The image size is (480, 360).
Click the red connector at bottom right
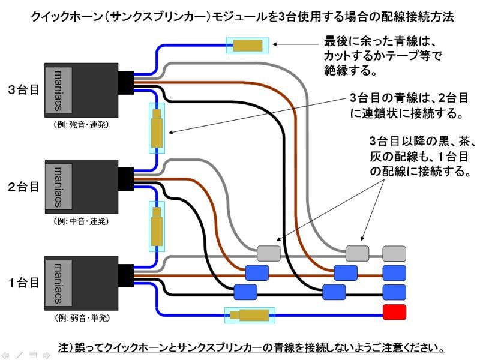[x=394, y=312]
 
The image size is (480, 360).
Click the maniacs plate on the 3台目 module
[x=59, y=90]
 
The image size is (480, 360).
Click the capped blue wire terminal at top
[x=247, y=45]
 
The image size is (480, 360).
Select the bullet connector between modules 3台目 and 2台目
[x=156, y=128]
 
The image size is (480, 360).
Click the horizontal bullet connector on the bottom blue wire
[x=249, y=315]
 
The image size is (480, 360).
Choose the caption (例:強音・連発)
[x=81, y=125]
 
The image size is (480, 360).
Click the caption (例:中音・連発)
[x=81, y=221]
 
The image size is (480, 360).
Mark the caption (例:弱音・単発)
[x=81, y=317]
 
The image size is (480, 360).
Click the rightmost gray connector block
[x=394, y=253]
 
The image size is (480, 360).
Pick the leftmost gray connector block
[x=268, y=253]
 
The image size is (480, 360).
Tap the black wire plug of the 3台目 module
[x=126, y=83]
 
